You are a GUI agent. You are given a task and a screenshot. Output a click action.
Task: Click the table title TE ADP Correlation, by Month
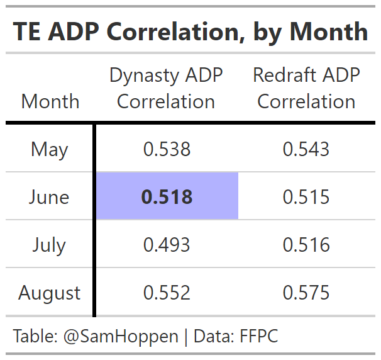tap(190, 31)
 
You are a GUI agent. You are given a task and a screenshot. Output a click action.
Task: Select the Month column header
tap(50, 101)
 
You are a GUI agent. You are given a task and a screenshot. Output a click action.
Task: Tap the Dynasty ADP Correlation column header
tap(166, 88)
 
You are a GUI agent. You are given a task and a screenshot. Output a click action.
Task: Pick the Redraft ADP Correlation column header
tap(306, 88)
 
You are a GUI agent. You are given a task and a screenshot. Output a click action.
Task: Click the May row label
tap(49, 149)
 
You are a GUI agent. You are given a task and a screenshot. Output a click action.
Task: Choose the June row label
tap(49, 197)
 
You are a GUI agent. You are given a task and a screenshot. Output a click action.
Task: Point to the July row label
tap(49, 245)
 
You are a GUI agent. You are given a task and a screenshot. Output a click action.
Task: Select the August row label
tap(49, 293)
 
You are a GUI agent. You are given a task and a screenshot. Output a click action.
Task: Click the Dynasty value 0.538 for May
tap(167, 149)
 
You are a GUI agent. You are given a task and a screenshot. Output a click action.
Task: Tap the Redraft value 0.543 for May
tap(306, 149)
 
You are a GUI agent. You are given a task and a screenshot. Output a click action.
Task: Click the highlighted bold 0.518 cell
tap(167, 197)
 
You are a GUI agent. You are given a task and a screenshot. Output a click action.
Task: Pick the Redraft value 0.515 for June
tap(306, 197)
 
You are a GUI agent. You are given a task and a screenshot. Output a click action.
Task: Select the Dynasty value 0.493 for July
tap(167, 245)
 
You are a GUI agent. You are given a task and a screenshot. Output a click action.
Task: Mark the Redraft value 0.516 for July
tap(306, 245)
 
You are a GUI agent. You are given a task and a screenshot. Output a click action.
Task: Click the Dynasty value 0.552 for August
tap(167, 293)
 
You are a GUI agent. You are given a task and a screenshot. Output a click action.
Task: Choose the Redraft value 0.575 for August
tap(306, 293)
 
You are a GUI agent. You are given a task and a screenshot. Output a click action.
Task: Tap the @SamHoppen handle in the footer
tap(121, 337)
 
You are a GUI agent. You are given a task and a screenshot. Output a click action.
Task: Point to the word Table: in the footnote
tap(35, 337)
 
